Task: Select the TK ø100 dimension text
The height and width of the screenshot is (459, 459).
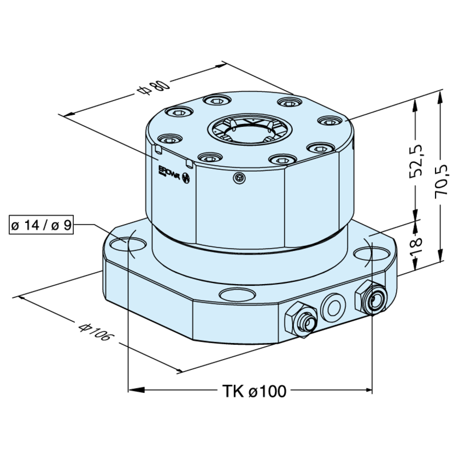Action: point(254,391)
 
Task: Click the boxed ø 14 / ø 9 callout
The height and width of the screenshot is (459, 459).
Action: point(42,225)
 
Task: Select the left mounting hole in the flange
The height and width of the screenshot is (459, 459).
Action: point(127,241)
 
